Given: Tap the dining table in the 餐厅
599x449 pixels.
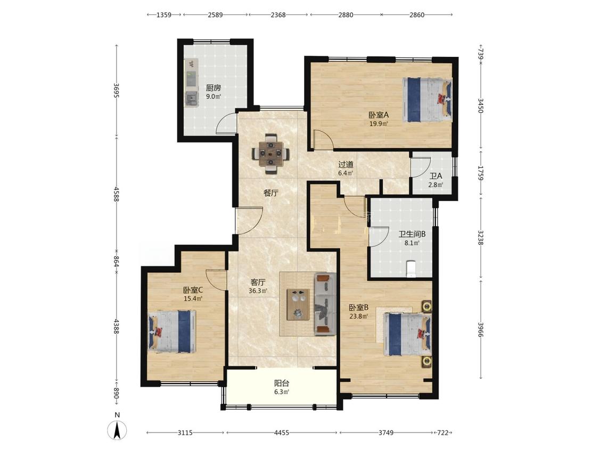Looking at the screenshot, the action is click(270, 154).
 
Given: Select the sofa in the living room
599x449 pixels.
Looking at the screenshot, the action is click(325, 304).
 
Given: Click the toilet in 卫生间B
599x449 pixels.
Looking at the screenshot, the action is click(411, 269).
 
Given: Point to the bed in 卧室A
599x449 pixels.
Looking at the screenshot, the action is click(427, 99).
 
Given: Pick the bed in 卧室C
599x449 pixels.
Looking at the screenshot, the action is click(172, 331).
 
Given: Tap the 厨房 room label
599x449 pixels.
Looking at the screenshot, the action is click(214, 88).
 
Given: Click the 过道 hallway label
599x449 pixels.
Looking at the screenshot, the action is click(346, 164).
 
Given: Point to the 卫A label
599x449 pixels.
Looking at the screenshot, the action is click(436, 176).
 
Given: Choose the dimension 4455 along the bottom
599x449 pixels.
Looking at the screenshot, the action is click(282, 433).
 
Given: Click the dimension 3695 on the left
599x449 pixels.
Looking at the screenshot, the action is click(117, 90).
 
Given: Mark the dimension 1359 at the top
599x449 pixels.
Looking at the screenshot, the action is click(164, 15).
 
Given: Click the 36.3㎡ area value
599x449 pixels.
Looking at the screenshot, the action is click(258, 290).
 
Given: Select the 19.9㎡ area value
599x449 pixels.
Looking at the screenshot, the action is click(379, 123).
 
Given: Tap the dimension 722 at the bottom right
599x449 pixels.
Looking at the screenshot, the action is click(443, 433).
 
